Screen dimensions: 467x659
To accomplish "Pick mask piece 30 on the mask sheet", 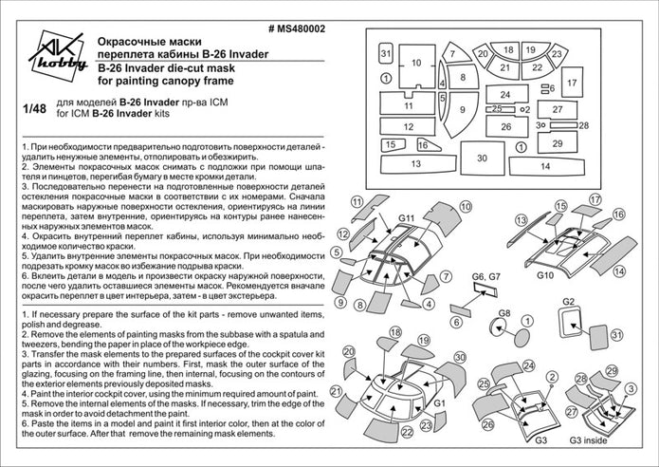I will click(x=483, y=159).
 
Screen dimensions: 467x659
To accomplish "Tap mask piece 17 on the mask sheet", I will click(x=572, y=84).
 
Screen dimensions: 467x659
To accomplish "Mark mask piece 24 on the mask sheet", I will click(x=506, y=95).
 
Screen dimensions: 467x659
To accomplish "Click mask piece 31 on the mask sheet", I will click(x=386, y=55).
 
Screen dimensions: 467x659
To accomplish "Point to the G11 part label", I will click(x=408, y=219).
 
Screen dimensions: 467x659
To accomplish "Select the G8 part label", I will click(x=505, y=314).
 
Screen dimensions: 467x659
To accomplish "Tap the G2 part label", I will click(x=569, y=302).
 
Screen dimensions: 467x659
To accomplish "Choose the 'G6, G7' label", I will click(x=485, y=276).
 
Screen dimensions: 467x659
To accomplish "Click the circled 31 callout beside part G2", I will click(x=617, y=334).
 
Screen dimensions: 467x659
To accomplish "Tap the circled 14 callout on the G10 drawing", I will click(x=619, y=271).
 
